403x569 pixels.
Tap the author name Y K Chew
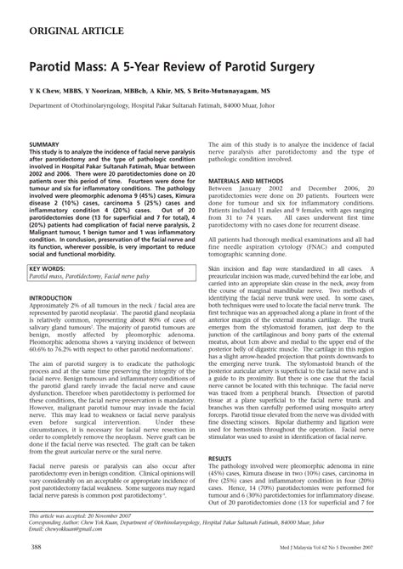click(x=46, y=89)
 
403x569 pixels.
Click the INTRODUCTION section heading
click(x=56, y=299)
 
